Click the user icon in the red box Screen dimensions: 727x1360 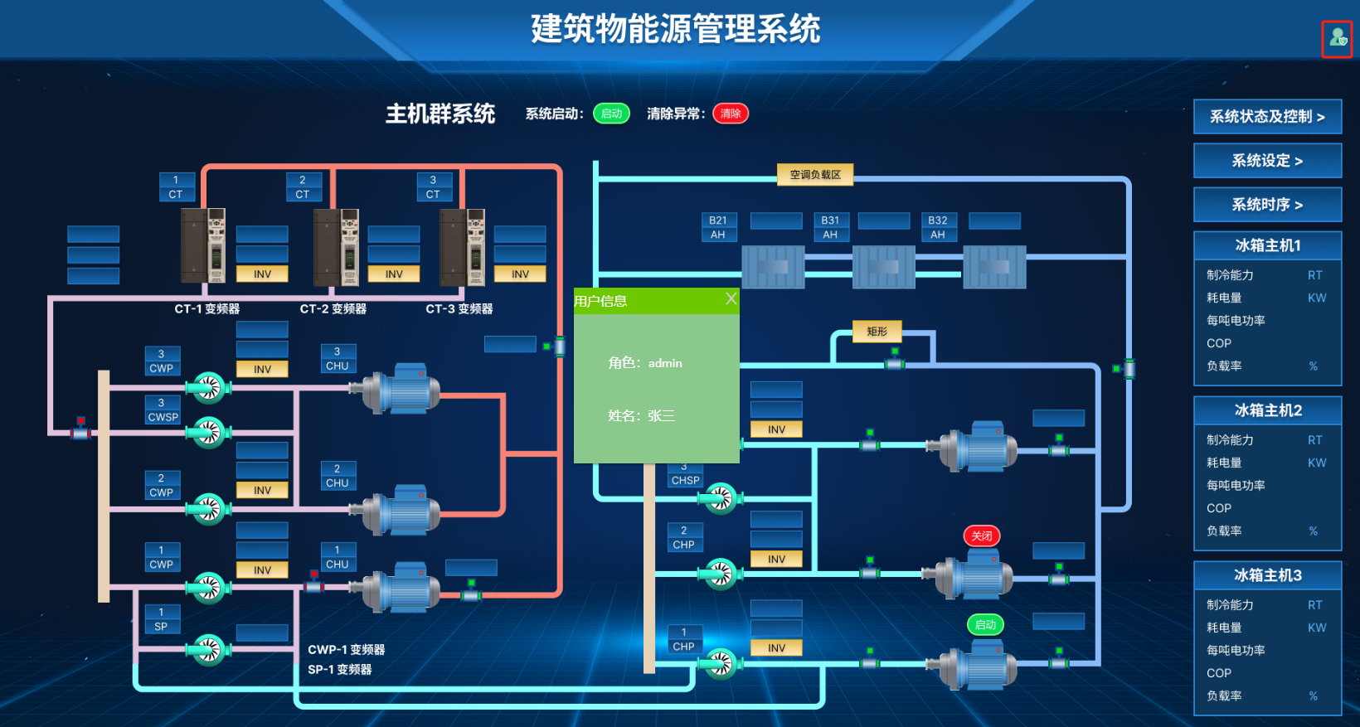click(1336, 38)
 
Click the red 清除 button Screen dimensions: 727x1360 click(730, 114)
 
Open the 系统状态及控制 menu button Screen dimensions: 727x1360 click(1267, 117)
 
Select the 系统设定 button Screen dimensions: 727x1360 click(1267, 161)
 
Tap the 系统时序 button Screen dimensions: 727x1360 click(1267, 205)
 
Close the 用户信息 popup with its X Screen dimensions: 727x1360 click(731, 298)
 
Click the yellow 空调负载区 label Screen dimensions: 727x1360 click(814, 175)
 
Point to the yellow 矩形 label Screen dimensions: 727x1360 click(877, 332)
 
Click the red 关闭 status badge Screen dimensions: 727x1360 click(982, 536)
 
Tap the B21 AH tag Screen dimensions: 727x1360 click(717, 227)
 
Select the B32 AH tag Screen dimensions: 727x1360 click(937, 227)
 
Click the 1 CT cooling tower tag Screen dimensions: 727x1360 click(176, 187)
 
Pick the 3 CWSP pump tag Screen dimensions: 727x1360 click(163, 410)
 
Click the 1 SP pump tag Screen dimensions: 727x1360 click(161, 619)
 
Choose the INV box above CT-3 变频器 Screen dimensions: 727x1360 click(520, 274)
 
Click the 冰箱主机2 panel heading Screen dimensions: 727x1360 click(1267, 410)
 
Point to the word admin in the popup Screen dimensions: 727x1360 click(665, 363)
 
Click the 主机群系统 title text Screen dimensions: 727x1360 click(440, 114)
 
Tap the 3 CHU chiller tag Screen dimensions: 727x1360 click(337, 359)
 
